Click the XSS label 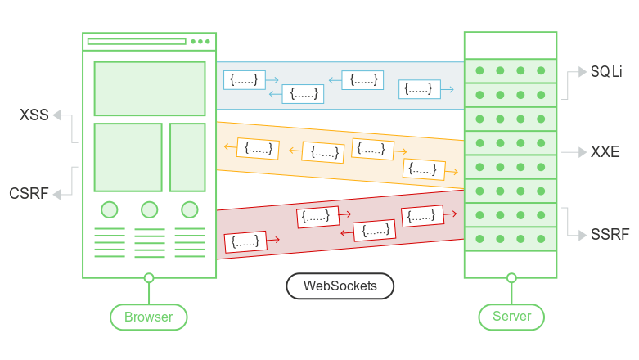coord(34,115)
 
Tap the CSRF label coord(29,194)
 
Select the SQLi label coord(606,72)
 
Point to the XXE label coord(605,152)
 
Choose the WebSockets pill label coord(340,286)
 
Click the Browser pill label coord(149,317)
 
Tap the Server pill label coord(511,317)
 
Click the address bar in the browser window coord(137,41)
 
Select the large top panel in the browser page coord(149,88)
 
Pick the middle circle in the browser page coord(149,209)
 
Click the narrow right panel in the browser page coord(187,157)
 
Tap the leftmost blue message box coord(244,79)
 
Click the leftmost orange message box coord(258,149)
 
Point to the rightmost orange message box coord(424,169)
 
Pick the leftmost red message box coord(245,241)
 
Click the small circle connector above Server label coord(511,278)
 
